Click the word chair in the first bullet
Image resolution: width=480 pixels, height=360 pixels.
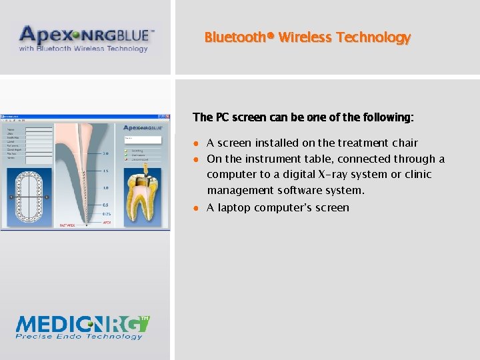pos(404,143)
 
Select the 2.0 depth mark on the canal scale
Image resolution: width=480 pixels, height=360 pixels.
pos(105,153)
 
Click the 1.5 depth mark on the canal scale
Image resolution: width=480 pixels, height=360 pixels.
pos(105,171)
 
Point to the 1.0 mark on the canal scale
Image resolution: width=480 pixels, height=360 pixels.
pos(105,188)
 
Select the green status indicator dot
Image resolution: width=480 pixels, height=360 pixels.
pos(127,151)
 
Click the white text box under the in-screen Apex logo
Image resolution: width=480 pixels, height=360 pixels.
pos(143,140)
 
